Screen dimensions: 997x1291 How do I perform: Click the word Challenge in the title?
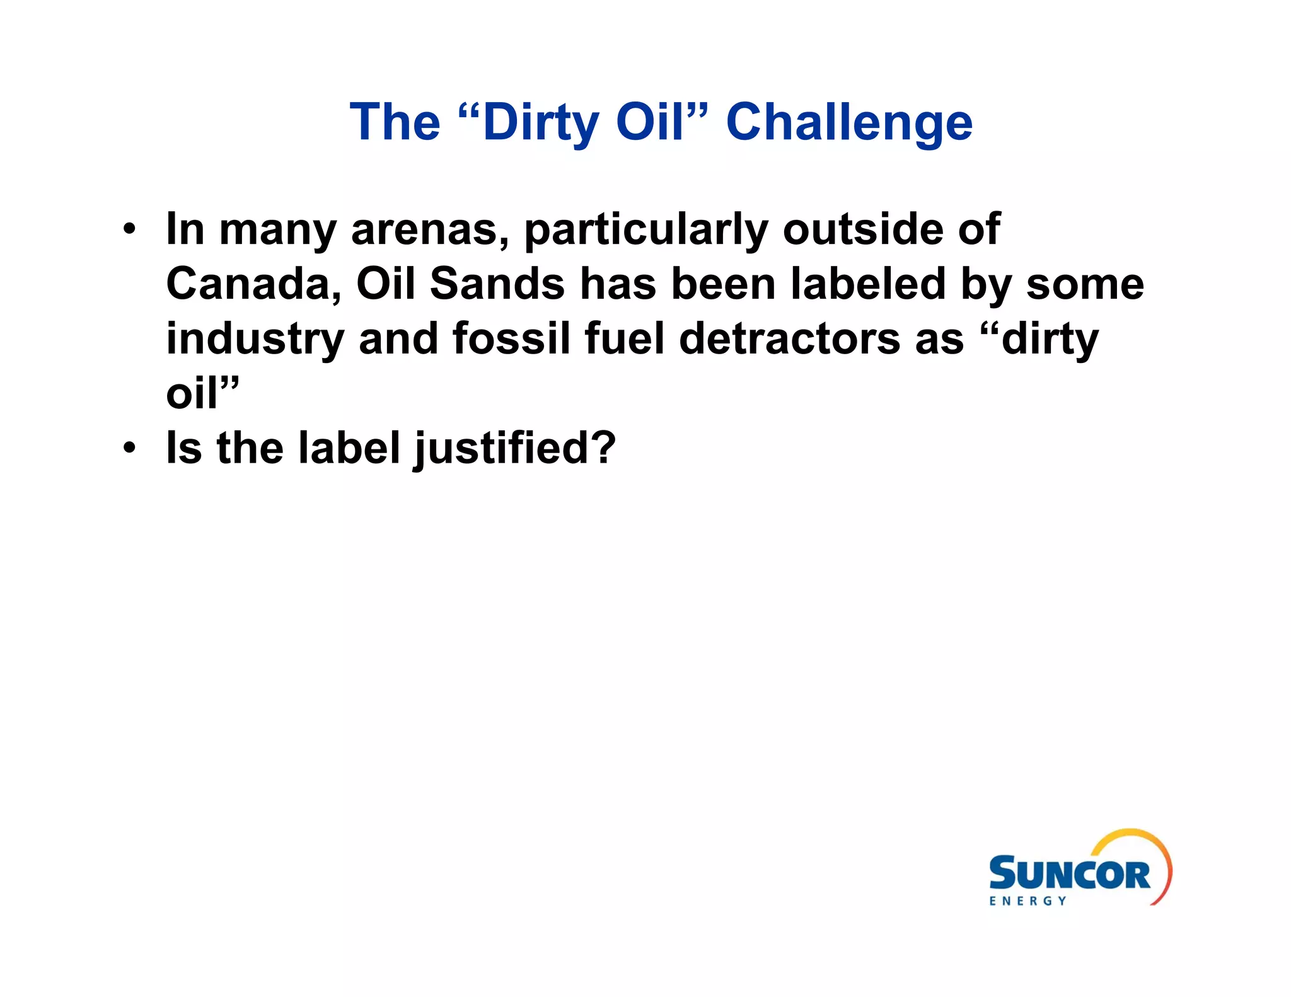point(849,122)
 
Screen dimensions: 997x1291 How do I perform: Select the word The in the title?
point(395,122)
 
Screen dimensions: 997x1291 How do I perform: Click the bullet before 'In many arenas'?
point(129,229)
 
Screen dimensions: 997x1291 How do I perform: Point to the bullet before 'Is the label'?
point(129,448)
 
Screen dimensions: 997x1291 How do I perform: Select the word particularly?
point(646,230)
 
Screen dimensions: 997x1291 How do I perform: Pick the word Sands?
point(497,284)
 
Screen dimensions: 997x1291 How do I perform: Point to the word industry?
point(255,340)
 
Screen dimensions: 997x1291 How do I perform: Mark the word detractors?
point(790,339)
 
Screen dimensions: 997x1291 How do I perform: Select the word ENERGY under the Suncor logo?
point(1028,901)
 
